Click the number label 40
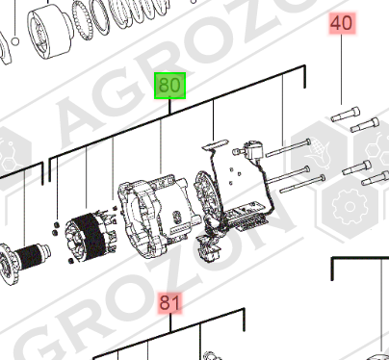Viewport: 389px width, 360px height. (x=342, y=23)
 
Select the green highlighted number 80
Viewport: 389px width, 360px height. (x=169, y=86)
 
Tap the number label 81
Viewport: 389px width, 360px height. (x=169, y=302)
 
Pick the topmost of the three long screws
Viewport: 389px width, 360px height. (x=288, y=148)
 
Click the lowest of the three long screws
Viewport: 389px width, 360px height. (x=302, y=184)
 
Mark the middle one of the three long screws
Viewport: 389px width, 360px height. (x=288, y=175)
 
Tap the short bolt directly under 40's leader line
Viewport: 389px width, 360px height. (x=346, y=115)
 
